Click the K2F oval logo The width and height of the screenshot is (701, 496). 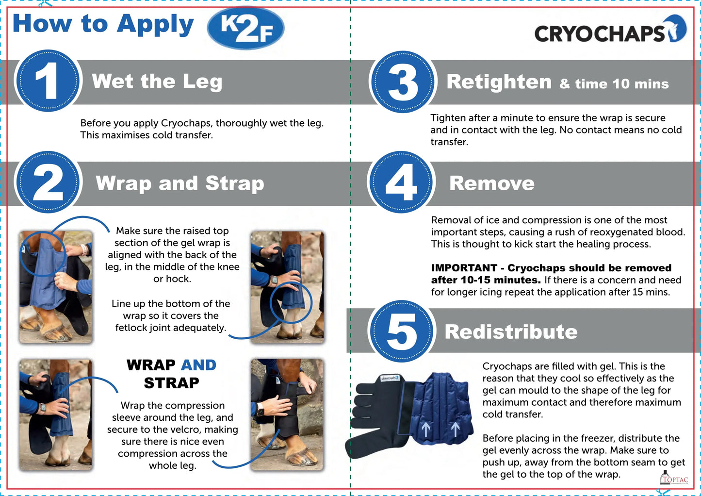coord(245,28)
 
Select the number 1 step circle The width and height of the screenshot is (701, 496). coord(48,81)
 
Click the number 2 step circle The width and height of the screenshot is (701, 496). coord(48,182)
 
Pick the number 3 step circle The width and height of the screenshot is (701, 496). coord(403,82)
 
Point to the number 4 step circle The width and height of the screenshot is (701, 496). coord(401,182)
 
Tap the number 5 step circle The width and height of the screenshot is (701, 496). coord(402,331)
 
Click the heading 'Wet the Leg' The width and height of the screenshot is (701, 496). coord(157,82)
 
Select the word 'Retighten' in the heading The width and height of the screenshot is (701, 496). coord(499,82)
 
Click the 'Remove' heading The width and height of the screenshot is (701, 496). coord(492,183)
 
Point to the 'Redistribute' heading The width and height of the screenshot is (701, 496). coord(511,331)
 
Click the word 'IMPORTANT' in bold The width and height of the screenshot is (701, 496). coord(464,268)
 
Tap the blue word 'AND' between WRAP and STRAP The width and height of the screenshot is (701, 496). coord(199,365)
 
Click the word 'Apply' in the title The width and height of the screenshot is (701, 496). coord(155,25)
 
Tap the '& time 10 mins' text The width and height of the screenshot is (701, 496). coord(614,84)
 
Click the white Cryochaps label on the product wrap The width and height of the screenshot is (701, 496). coord(390,378)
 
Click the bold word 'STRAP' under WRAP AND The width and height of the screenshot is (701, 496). coord(172,383)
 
